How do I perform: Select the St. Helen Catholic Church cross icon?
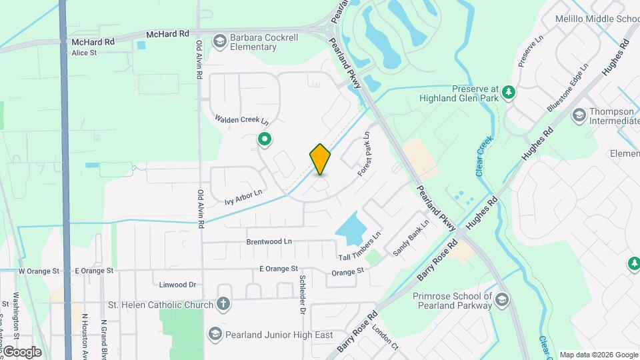point(223,305)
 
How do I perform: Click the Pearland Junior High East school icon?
point(215,333)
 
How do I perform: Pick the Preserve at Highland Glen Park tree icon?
point(509,92)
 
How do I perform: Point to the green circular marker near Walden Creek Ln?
point(265,139)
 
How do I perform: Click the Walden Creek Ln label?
point(241,120)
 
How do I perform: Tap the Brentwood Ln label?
point(269,241)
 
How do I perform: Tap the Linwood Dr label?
point(177,285)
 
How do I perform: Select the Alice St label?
point(84,53)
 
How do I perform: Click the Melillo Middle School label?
point(597,19)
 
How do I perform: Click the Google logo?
point(21,351)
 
